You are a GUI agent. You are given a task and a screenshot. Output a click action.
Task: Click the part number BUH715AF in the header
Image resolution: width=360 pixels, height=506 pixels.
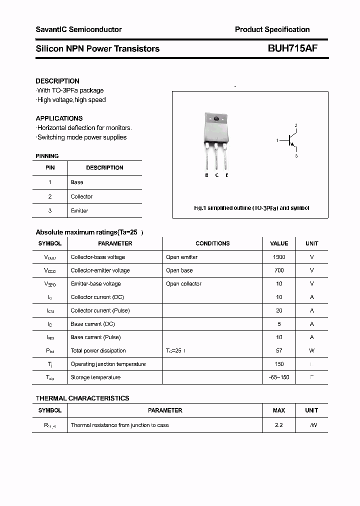coord(292,48)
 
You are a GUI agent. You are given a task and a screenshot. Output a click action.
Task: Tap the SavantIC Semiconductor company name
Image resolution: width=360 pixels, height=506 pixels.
coord(78,29)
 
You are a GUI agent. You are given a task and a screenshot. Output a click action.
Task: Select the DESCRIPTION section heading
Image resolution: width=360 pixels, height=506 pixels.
coord(57,81)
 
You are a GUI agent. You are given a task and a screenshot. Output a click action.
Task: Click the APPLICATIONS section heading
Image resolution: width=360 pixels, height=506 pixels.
coord(59,118)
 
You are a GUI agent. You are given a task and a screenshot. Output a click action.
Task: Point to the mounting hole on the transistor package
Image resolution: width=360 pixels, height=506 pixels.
coord(216,119)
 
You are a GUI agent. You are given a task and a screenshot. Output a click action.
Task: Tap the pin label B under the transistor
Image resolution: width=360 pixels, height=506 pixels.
coord(206,175)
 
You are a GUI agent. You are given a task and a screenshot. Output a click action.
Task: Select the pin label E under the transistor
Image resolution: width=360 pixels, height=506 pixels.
coord(226,175)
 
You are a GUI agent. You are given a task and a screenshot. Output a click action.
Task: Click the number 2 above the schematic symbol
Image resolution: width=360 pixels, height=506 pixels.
coord(296,125)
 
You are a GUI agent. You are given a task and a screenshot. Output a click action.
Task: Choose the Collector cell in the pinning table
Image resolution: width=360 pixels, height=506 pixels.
coord(81,196)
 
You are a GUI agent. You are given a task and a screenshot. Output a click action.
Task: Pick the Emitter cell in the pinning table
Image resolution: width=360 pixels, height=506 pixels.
coord(79,211)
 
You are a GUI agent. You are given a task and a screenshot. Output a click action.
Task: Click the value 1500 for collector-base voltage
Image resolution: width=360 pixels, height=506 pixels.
coord(279,257)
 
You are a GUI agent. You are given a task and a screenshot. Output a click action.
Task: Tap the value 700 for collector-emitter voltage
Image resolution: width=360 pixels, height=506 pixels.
coord(279,270)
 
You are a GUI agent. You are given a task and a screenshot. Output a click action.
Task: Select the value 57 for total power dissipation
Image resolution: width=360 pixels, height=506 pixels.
coord(279,350)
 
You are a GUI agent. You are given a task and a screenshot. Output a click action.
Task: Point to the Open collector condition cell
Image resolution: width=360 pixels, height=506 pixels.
coord(183,283)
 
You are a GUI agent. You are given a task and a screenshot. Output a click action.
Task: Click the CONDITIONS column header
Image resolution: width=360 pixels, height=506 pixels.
coord(212,243)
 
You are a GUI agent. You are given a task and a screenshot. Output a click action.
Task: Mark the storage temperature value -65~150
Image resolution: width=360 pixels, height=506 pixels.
coord(279,377)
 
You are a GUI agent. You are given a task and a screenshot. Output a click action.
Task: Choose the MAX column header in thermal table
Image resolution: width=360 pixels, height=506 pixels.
coord(279,410)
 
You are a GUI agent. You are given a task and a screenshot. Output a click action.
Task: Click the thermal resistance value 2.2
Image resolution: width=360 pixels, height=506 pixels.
coord(279,425)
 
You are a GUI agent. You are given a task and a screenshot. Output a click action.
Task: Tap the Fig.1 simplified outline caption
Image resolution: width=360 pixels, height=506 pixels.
coord(251,208)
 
